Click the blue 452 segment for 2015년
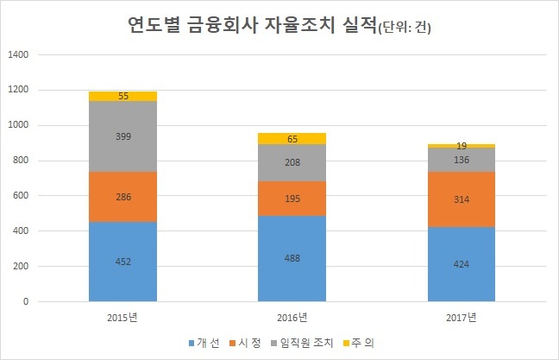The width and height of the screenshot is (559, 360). (x=122, y=262)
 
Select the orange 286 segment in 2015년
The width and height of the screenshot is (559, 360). (x=122, y=197)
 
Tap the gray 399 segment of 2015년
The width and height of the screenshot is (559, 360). (x=122, y=136)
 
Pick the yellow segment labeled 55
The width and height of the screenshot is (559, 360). (x=122, y=97)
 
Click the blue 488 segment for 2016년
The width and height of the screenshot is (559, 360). (x=292, y=259)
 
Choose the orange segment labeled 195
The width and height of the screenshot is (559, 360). (x=292, y=199)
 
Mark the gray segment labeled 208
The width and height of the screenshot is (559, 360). (x=292, y=162)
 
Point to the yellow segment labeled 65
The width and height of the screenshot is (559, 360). (x=292, y=139)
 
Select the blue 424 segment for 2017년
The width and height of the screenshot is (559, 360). (x=462, y=264)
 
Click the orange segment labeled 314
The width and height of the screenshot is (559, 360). (x=462, y=199)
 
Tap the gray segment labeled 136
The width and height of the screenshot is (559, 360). (x=462, y=160)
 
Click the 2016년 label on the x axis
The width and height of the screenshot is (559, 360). (x=292, y=317)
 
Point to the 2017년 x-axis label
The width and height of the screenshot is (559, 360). (x=461, y=317)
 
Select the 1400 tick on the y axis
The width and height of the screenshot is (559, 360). (x=18, y=54)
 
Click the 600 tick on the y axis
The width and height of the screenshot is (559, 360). (x=21, y=195)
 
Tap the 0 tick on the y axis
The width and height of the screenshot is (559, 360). (x=26, y=301)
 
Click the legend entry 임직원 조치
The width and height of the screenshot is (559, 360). (x=302, y=343)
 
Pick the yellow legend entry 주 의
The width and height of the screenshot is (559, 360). (x=358, y=343)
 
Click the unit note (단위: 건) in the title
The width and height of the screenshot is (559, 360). (x=405, y=28)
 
